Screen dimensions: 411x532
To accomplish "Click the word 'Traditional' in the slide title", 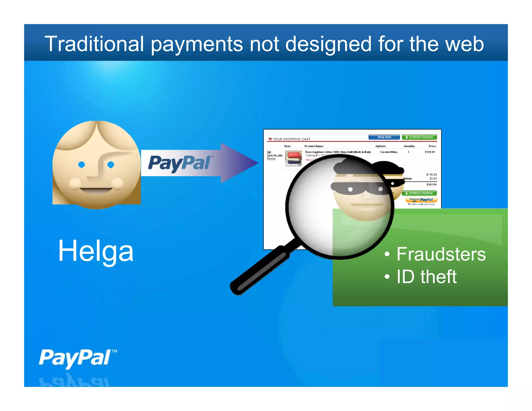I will click(x=94, y=44).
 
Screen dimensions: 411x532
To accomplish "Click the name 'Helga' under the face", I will click(x=96, y=251).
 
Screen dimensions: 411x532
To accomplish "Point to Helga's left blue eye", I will click(x=82, y=164).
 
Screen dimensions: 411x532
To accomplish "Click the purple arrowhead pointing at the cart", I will click(x=239, y=163).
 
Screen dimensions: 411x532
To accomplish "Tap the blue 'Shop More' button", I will click(x=384, y=137).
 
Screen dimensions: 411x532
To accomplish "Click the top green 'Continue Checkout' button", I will click(x=419, y=137).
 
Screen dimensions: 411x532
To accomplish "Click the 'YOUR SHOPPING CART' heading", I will click(x=291, y=139).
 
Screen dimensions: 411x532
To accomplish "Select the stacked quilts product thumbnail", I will click(x=293, y=158).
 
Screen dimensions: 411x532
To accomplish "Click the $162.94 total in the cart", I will click(x=431, y=184).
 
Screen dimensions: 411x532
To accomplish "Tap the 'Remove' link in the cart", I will click(x=271, y=159).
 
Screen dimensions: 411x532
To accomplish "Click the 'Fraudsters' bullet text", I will click(x=441, y=254).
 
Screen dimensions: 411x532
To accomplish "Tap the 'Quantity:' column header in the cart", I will click(x=409, y=146).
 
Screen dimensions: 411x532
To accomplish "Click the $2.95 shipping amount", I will click(x=433, y=178).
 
